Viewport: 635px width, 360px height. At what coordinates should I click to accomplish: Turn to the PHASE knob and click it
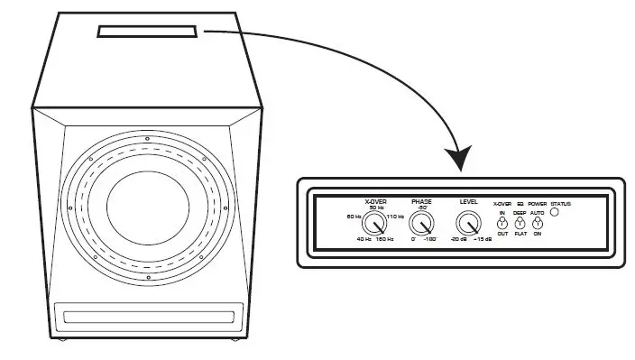tap(420, 223)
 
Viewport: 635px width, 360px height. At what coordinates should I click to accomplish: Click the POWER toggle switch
tap(538, 222)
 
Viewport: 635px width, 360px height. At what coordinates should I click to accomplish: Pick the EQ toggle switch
tap(520, 222)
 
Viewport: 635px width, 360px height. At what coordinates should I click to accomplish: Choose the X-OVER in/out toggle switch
tap(502, 222)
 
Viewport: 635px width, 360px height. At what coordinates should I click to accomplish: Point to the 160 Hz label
tap(385, 239)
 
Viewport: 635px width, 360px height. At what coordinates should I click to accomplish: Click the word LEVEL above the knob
tap(469, 200)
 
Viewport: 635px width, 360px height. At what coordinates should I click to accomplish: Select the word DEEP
tap(520, 212)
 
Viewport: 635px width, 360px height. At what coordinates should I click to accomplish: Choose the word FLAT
tap(520, 234)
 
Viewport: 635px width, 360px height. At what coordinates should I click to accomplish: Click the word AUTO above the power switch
tap(538, 212)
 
